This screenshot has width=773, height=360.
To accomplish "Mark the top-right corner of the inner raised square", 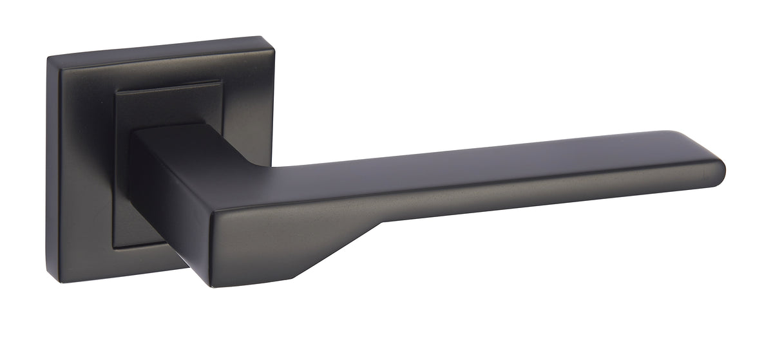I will [221, 82].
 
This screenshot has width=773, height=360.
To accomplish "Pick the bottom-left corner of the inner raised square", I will [115, 246].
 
